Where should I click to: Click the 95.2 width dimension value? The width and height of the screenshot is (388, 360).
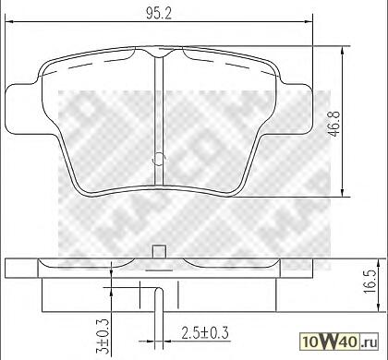point(159,13)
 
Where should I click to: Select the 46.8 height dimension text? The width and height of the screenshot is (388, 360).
point(333,124)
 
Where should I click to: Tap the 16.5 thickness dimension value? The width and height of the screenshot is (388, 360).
point(370,282)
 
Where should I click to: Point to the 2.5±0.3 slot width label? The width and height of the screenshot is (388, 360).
point(205,333)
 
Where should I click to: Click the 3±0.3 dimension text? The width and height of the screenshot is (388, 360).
point(103,336)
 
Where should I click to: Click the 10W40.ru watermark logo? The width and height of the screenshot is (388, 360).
point(339,342)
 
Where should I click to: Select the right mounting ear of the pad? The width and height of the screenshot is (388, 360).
point(295,109)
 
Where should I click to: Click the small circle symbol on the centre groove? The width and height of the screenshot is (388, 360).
point(159,160)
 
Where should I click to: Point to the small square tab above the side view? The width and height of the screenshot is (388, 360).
point(160,251)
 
